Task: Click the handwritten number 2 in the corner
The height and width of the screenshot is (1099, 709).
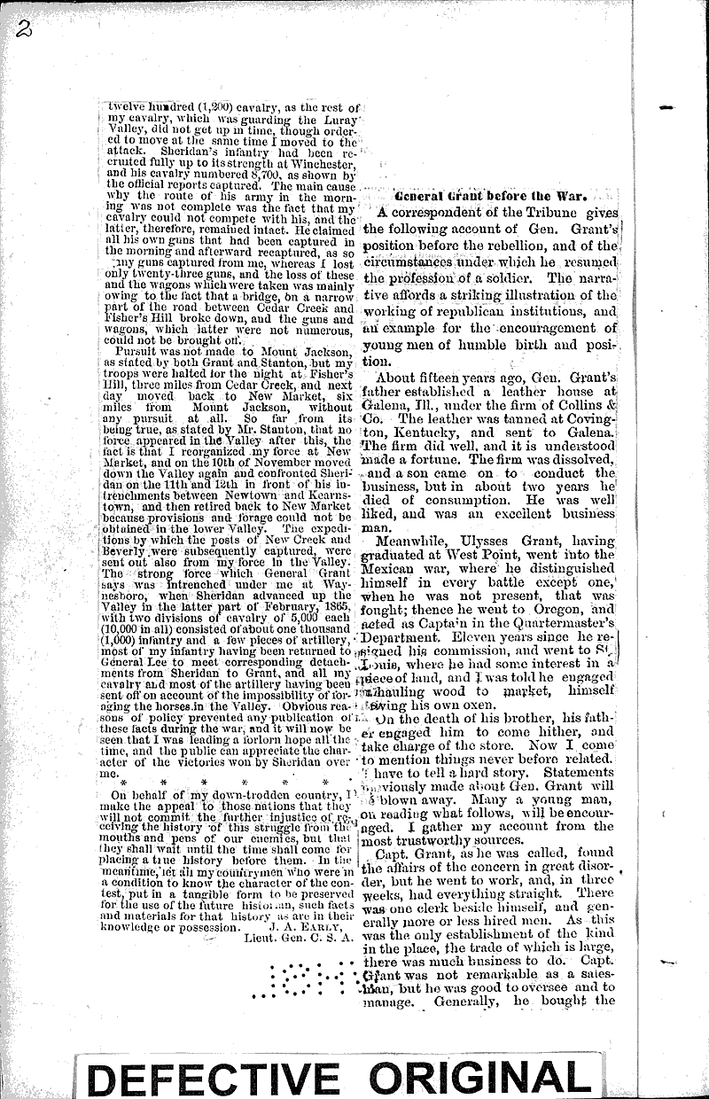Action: (23, 28)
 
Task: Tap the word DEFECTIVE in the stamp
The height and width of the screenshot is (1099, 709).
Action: (212, 1075)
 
